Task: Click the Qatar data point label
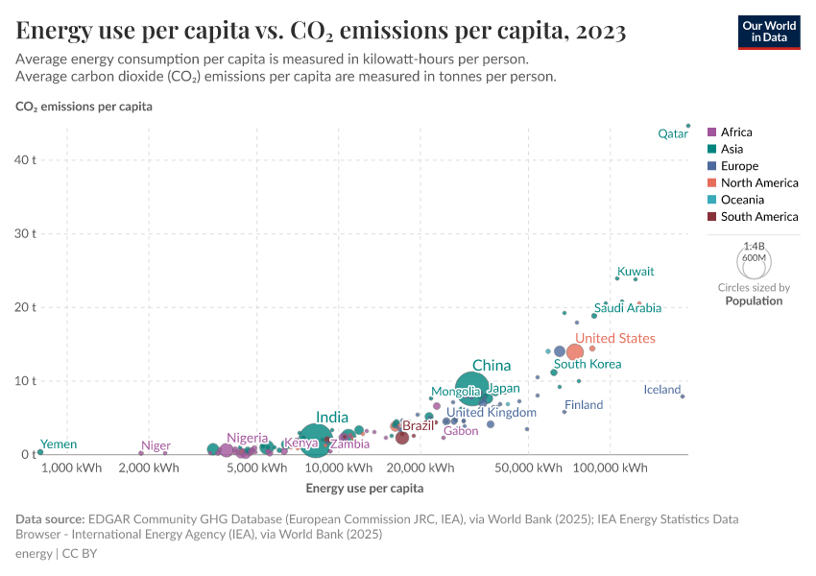tap(672, 134)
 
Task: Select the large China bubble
tap(472, 388)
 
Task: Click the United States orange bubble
tap(575, 352)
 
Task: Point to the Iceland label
tap(661, 391)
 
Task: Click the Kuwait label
tap(636, 272)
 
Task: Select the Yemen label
tap(58, 444)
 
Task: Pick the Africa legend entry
tap(736, 132)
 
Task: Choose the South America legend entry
tap(758, 217)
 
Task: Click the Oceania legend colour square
tap(711, 200)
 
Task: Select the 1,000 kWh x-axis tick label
tap(72, 468)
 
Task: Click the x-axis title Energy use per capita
tap(365, 489)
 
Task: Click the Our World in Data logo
tap(768, 31)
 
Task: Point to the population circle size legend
tap(754, 261)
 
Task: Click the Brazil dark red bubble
tap(402, 437)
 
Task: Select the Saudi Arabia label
tap(627, 308)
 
